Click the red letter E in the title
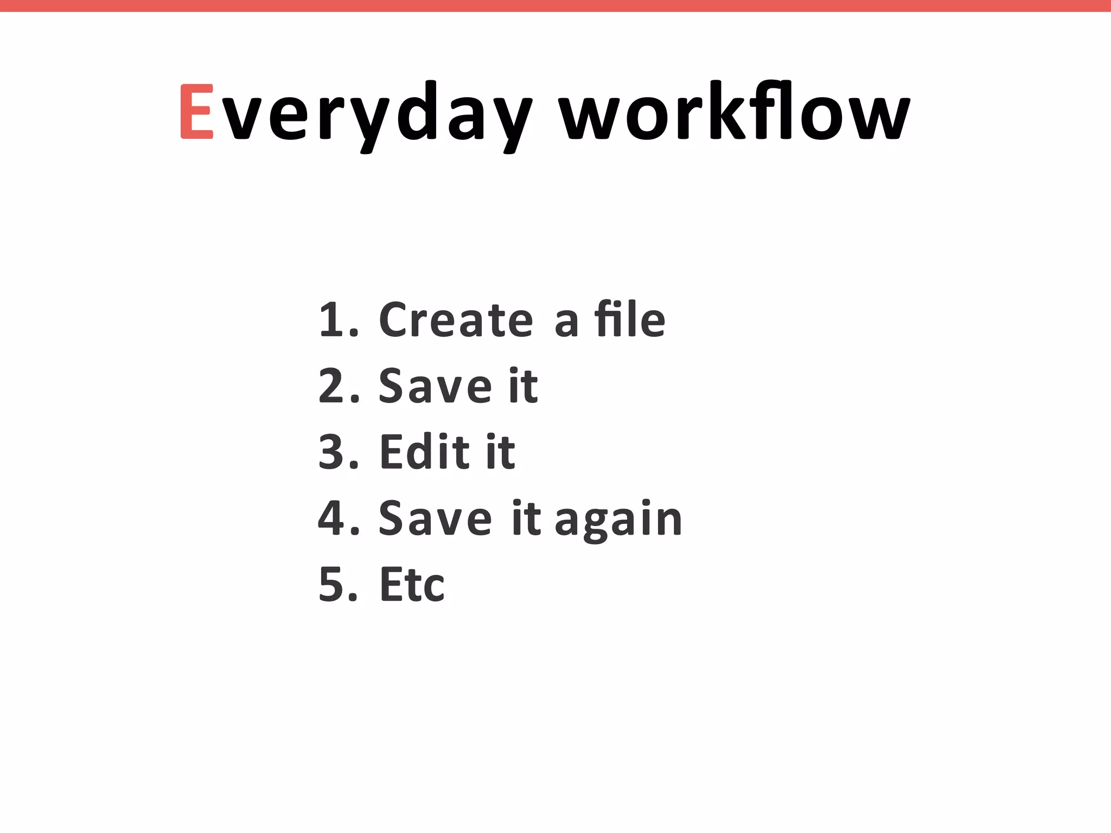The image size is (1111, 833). (x=196, y=112)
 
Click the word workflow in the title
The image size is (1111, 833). (x=734, y=112)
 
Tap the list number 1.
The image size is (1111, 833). (x=332, y=320)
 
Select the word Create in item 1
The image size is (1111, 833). (x=456, y=320)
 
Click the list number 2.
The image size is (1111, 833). (x=332, y=386)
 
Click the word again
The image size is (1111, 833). (x=618, y=521)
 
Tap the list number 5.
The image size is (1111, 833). (x=332, y=585)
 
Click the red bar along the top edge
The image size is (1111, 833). (x=555, y=5)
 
